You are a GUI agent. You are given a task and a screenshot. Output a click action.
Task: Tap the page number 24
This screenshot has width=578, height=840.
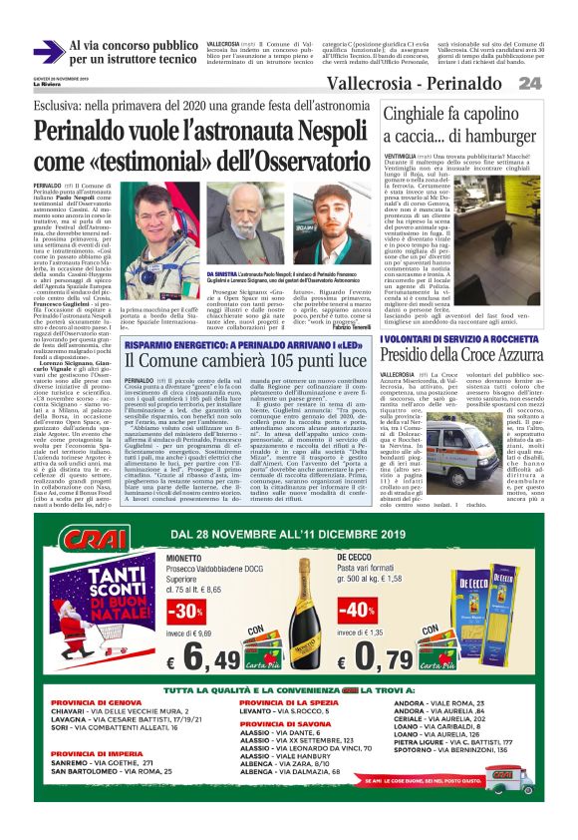pos(557,82)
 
